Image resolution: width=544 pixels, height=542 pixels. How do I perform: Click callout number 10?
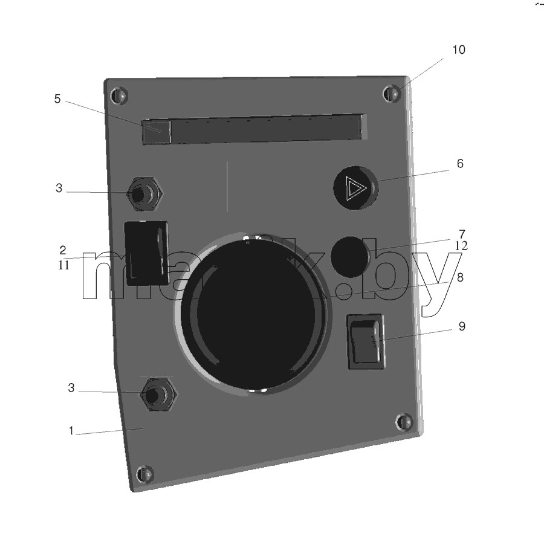459,50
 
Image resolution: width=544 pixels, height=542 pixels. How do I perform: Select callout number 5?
57,99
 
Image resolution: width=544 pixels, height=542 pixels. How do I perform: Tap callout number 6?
460,163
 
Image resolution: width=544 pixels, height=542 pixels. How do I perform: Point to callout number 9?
462,326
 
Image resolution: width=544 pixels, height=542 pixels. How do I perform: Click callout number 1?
71,431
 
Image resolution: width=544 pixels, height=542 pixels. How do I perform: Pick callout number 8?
460,277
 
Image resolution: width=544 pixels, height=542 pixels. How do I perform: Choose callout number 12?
461,246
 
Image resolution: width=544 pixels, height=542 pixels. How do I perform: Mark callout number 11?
63,265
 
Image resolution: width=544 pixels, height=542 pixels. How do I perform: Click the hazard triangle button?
355,187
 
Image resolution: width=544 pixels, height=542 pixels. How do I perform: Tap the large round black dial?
254,314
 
